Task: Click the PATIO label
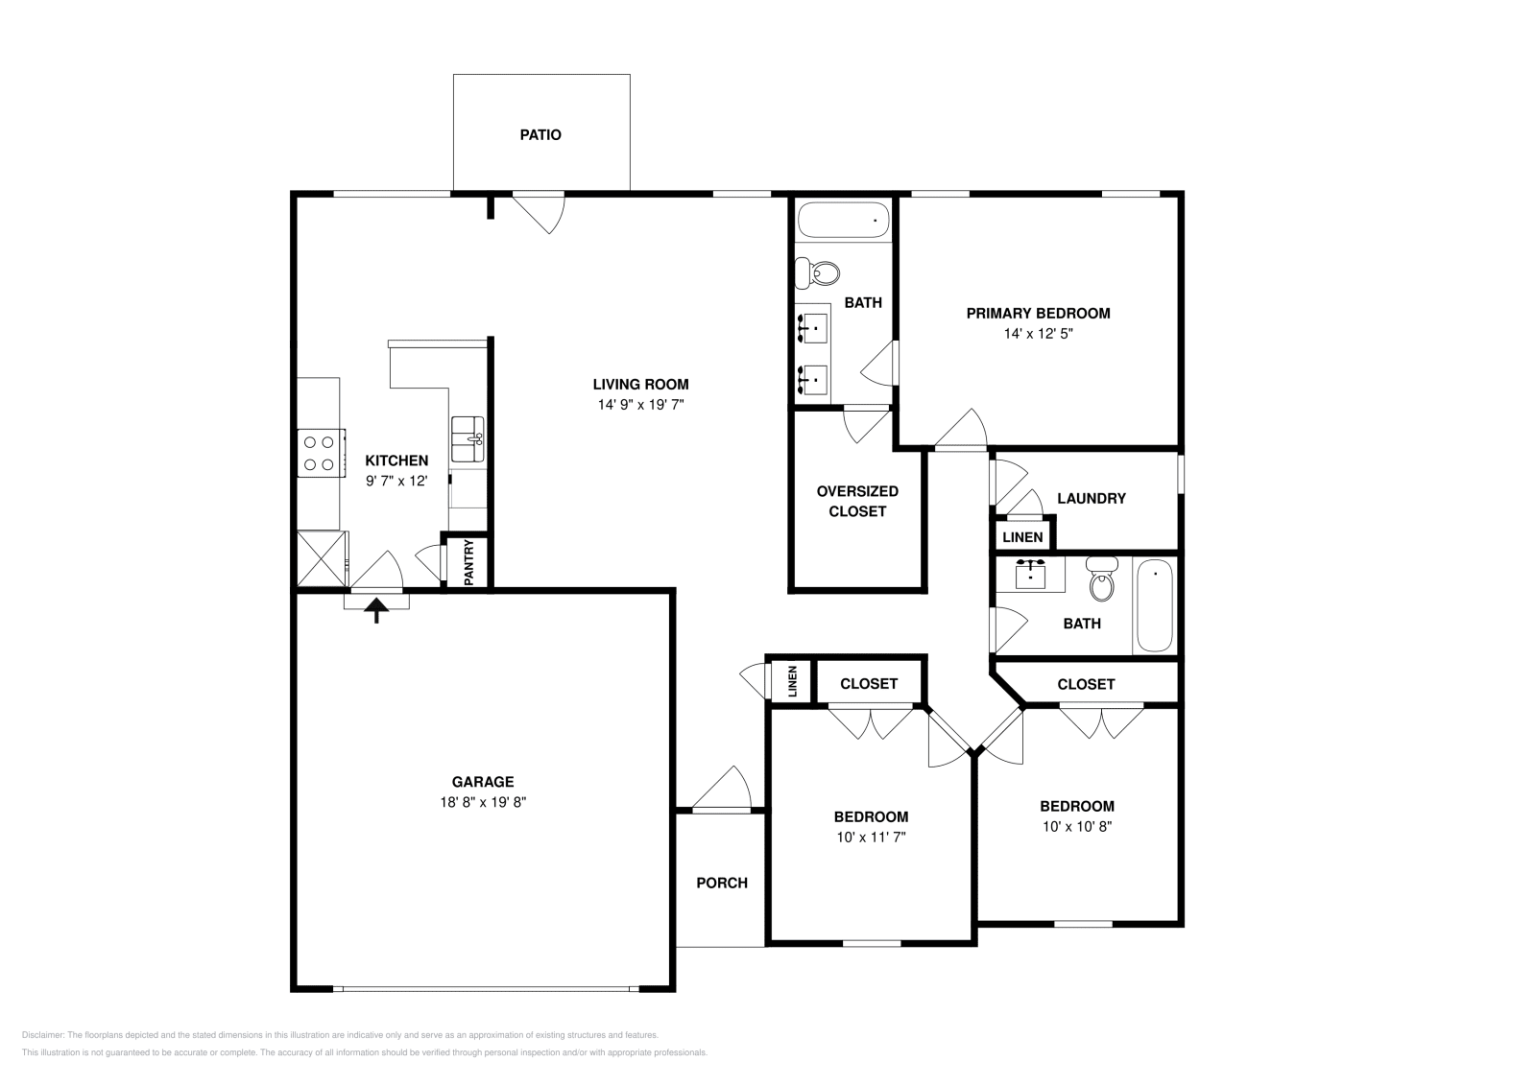[x=540, y=135]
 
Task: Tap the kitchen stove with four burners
[x=320, y=453]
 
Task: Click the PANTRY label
[x=468, y=562]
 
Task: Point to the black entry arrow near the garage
[x=376, y=610]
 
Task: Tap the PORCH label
[x=721, y=883]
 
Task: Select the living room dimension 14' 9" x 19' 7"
[x=640, y=405]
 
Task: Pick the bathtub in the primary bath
[x=843, y=221]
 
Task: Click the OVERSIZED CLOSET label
[x=857, y=501]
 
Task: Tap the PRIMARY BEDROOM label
[x=1038, y=313]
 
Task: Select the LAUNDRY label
[x=1091, y=498]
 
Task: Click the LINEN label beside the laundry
[x=1022, y=537]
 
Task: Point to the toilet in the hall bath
[x=1102, y=578]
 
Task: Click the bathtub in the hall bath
[x=1155, y=606]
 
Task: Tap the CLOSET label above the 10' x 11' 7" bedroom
[x=868, y=684]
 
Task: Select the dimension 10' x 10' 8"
[x=1077, y=826]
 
